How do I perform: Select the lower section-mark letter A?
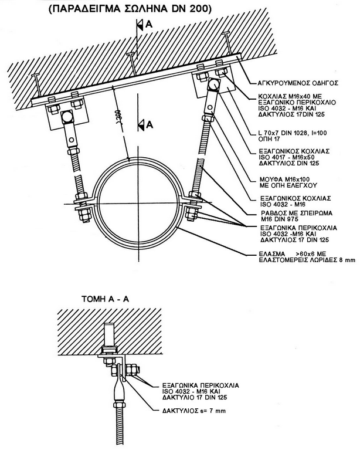[x=149, y=124]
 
